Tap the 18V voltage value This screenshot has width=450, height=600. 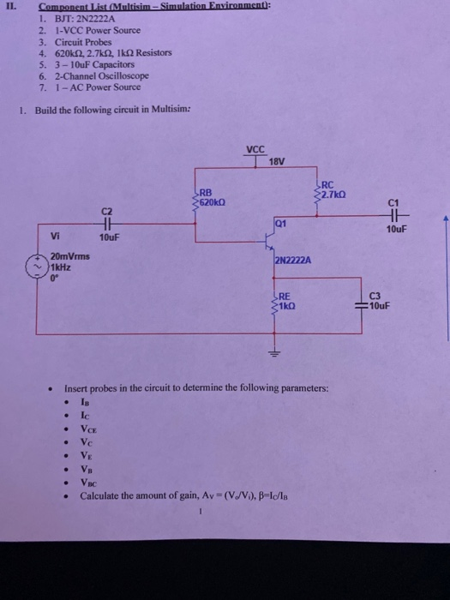tap(276, 161)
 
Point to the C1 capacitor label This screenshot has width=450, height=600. tap(393, 203)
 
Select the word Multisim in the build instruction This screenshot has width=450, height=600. tap(156, 109)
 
